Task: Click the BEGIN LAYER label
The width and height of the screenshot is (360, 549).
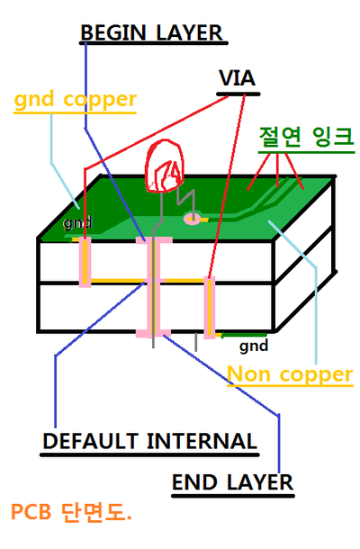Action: click(150, 33)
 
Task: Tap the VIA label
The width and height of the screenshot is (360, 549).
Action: click(238, 78)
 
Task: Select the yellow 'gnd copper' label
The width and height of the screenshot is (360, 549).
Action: click(75, 99)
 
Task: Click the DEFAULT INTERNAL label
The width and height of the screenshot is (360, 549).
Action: click(149, 441)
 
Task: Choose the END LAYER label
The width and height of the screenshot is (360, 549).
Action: click(232, 482)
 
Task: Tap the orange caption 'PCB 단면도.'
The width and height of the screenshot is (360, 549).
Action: click(71, 513)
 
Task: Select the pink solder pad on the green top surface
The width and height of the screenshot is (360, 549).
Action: click(192, 218)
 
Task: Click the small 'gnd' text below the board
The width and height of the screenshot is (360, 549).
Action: click(254, 344)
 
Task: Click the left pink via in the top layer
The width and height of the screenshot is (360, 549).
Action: click(85, 261)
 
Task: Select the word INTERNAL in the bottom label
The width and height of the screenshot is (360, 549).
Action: click(201, 441)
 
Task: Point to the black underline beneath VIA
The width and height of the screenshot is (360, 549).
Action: click(238, 93)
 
